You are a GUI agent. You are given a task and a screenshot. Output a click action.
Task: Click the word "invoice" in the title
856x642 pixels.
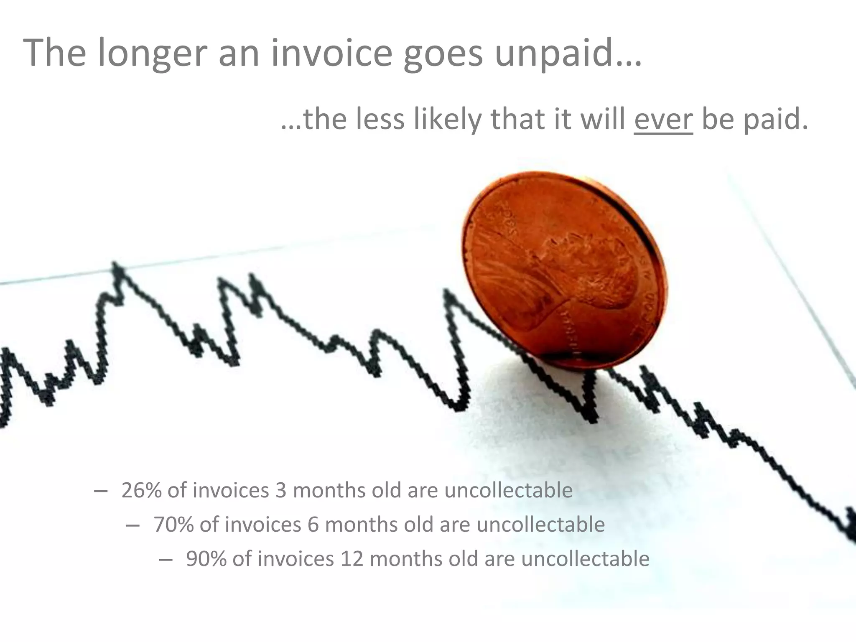tap(331, 53)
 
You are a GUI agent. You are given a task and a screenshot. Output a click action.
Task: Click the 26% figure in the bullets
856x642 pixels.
tap(141, 490)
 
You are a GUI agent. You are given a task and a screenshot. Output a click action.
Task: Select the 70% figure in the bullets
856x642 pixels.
tap(173, 525)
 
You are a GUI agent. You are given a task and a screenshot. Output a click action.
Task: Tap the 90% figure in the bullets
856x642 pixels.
tap(206, 559)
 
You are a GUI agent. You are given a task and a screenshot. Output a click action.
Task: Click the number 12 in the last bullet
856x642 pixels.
tap(352, 559)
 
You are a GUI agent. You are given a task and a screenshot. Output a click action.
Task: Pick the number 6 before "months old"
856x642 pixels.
tap(313, 525)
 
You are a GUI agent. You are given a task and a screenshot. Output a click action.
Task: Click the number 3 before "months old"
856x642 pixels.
tap(281, 490)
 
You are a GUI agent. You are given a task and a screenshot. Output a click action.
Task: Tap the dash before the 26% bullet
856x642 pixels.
tap(100, 490)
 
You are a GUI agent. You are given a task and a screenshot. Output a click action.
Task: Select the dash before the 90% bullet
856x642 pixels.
tap(166, 559)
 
